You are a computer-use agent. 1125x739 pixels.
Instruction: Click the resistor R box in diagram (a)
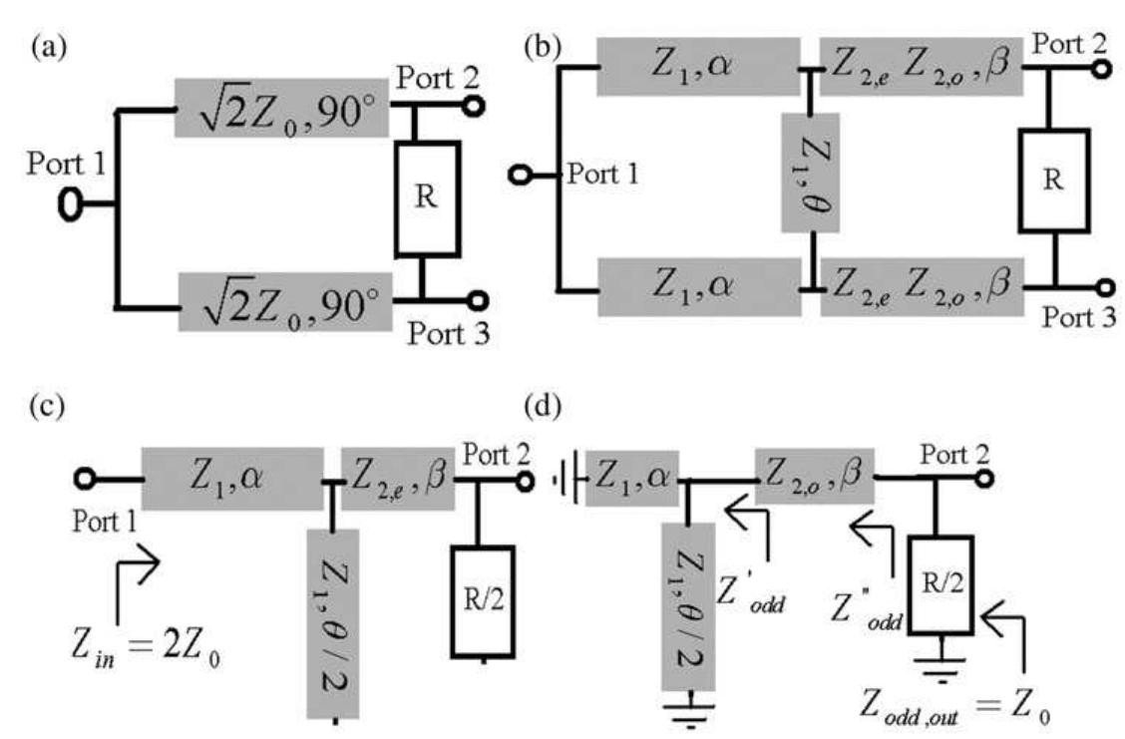(429, 198)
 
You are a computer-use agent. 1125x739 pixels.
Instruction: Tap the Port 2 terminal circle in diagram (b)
(1104, 69)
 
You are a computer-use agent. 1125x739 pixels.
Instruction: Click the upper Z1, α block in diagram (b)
(697, 67)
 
